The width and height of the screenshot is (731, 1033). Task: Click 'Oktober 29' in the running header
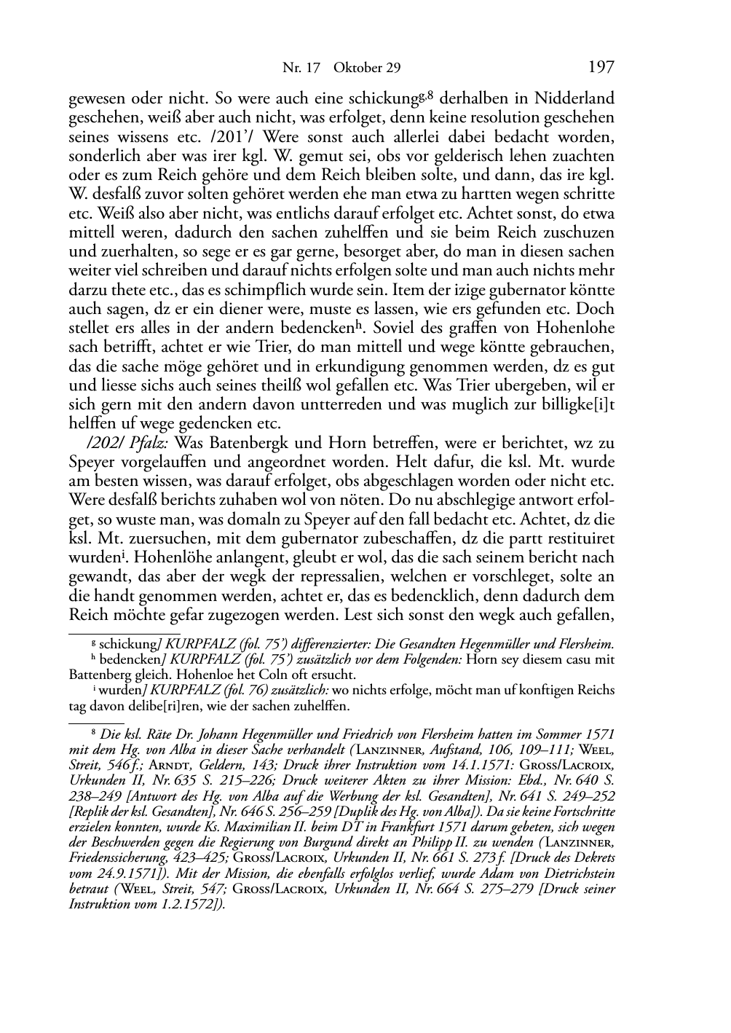pyautogui.click(x=367, y=68)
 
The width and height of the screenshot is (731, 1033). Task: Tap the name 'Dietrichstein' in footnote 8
pyautogui.click(x=572, y=873)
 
